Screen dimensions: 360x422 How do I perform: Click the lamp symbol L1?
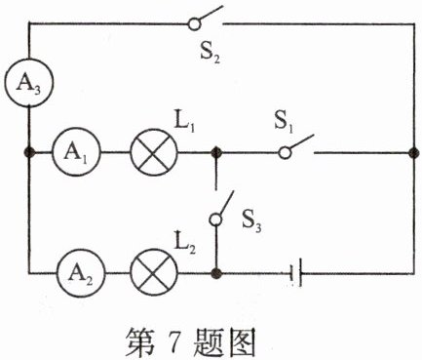tap(150, 153)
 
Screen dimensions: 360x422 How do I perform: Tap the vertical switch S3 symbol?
tap(221, 207)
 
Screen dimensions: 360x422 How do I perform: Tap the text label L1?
tap(185, 126)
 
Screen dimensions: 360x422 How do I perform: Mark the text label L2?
tap(185, 240)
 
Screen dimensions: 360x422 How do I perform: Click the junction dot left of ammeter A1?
tap(29, 153)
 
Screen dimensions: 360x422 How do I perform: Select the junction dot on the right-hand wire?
tap(412, 153)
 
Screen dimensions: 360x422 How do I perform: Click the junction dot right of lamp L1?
tap(215, 153)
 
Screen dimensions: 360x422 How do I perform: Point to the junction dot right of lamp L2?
tap(215, 269)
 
